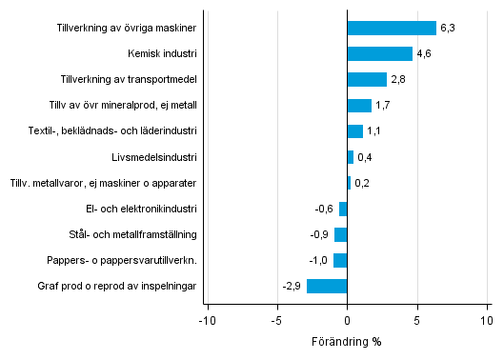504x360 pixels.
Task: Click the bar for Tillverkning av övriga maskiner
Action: [392, 28]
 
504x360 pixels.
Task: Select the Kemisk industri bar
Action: [379, 53]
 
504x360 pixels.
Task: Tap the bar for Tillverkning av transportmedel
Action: [367, 79]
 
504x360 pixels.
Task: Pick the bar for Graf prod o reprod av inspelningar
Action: [327, 286]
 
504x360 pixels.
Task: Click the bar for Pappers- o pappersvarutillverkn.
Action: [340, 260]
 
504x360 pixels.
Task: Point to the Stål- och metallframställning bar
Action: [341, 234]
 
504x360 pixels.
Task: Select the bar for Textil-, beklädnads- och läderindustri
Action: [355, 131]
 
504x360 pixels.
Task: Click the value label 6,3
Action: [448, 29]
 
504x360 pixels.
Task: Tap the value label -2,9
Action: [292, 287]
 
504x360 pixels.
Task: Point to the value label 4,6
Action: [424, 54]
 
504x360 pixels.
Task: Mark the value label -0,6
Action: [325, 209]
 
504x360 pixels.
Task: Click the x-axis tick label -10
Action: [206, 321]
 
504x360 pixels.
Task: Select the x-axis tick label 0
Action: [348, 321]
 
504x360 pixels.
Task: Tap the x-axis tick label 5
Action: [417, 321]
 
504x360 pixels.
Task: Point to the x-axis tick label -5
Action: [276, 321]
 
